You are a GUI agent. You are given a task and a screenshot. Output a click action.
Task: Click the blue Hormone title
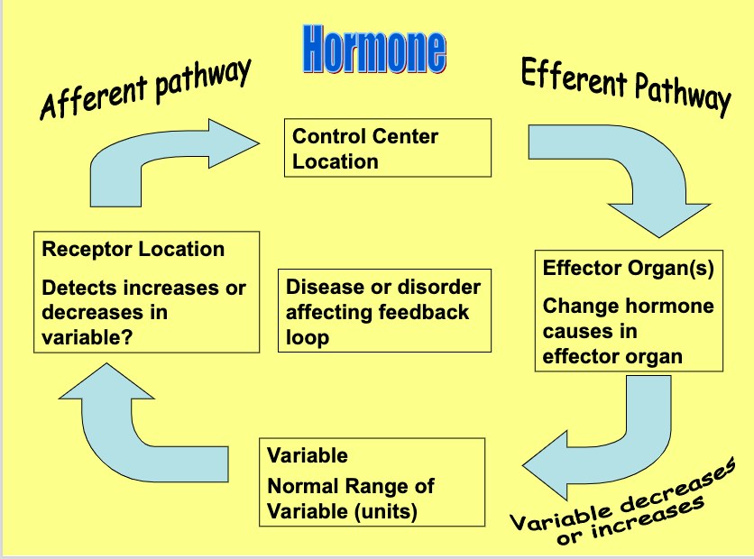pos(373,50)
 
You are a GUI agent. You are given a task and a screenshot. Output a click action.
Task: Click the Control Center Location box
pos(387,148)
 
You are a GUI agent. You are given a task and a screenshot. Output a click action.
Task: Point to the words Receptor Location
pos(133,250)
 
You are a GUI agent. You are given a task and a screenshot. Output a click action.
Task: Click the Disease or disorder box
pos(385,311)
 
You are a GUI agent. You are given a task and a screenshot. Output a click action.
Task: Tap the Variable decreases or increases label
pos(622,504)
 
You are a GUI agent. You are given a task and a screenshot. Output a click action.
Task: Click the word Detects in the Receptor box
pos(79,289)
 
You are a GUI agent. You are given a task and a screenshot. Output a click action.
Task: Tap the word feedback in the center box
pos(420,312)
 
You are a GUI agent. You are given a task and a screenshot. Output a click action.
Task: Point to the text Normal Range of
pos(350,486)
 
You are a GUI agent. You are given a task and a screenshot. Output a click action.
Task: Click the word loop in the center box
pos(308,337)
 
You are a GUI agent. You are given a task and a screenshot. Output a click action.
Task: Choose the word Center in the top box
pos(403,137)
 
